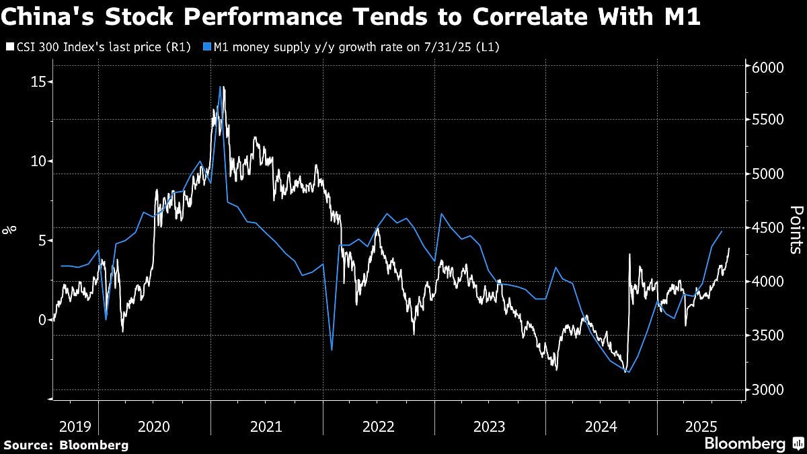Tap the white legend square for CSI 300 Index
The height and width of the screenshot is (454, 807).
tap(8, 47)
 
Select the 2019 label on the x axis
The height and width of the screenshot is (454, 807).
tap(75, 426)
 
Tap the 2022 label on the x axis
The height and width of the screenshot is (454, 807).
tap(379, 426)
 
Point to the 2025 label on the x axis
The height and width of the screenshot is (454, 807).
tap(699, 426)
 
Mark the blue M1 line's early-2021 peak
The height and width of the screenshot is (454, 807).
tap(221, 87)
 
